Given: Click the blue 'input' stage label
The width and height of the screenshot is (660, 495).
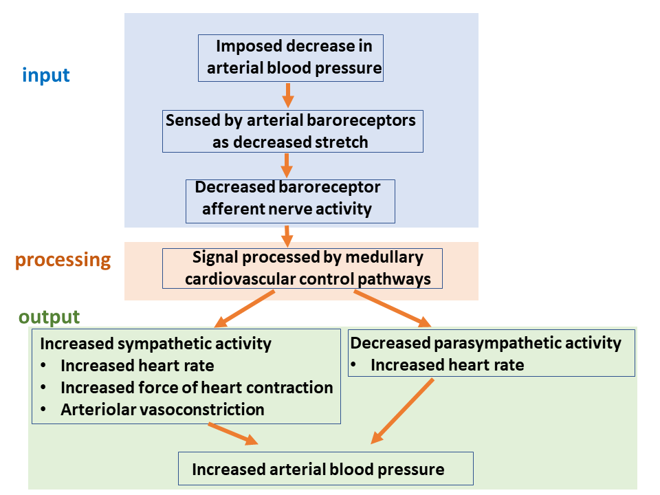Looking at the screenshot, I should click(46, 74).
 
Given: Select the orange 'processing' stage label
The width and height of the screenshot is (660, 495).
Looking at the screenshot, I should click(63, 260).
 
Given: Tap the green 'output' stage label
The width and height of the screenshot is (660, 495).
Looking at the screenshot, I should click(49, 317).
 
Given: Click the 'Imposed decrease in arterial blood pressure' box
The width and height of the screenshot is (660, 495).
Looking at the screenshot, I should click(291, 58).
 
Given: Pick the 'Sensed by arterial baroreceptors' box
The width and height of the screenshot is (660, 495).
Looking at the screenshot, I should click(292, 131).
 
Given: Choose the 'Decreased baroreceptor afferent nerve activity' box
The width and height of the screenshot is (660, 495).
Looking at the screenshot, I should click(290, 201).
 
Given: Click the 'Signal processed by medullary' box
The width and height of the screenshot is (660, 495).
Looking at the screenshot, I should click(302, 268).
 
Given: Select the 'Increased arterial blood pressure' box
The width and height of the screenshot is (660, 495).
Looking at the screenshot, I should click(325, 469).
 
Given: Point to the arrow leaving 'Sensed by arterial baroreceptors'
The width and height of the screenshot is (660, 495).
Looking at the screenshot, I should click(287, 165).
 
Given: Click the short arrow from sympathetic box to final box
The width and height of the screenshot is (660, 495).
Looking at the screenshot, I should click(233, 434).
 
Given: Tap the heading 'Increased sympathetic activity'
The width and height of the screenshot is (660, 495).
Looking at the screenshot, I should click(156, 343).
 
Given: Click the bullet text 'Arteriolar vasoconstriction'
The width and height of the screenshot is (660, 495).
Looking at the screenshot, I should click(162, 410).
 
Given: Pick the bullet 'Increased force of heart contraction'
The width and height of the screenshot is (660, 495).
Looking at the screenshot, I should click(197, 388).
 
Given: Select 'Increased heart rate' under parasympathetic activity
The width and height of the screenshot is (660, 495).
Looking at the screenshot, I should click(447, 365).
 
